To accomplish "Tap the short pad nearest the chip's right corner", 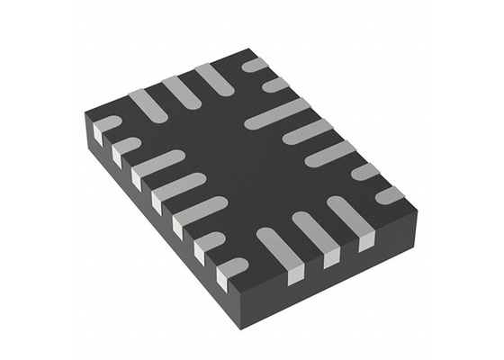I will pos(389,193).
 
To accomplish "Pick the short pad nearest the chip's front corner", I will pos(232,265).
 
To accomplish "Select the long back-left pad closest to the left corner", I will pos(147,104).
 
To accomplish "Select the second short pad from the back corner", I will pos(274,85).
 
